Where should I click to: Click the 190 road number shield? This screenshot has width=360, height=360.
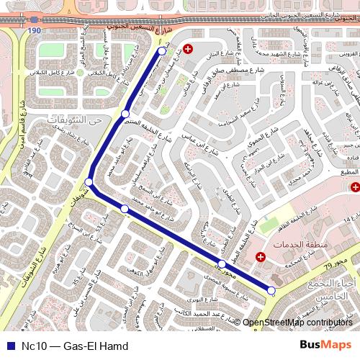(x=35, y=32)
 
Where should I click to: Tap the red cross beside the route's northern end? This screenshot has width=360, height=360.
(x=189, y=49)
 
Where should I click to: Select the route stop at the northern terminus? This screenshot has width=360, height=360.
(x=162, y=51)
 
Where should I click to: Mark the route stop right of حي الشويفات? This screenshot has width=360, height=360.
(x=125, y=114)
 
